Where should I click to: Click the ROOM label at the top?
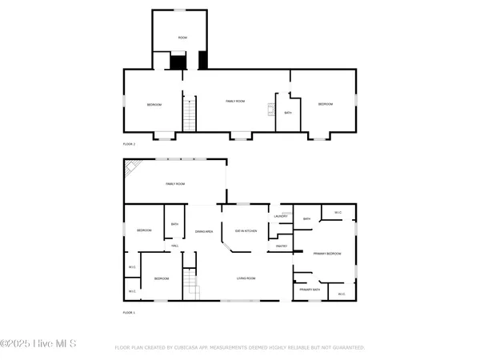[x=182, y=38]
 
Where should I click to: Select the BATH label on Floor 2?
[x=288, y=113]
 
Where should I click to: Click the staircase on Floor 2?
[x=190, y=114]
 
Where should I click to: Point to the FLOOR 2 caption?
[x=129, y=144]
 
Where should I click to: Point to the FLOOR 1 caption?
[x=129, y=313]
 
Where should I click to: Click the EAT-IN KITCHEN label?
[x=246, y=231]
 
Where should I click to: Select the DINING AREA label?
[x=204, y=231]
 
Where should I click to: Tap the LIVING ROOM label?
[x=245, y=278]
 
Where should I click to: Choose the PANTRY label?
[x=282, y=246]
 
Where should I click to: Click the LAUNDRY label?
[x=281, y=217]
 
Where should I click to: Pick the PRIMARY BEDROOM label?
[x=327, y=254]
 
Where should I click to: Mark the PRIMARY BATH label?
[x=310, y=290]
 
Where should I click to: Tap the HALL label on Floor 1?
[x=174, y=246]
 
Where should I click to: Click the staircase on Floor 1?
[x=190, y=285]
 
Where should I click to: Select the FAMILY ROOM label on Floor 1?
[x=175, y=184]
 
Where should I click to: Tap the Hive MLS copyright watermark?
[x=38, y=344]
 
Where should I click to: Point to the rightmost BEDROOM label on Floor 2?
[x=325, y=105]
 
